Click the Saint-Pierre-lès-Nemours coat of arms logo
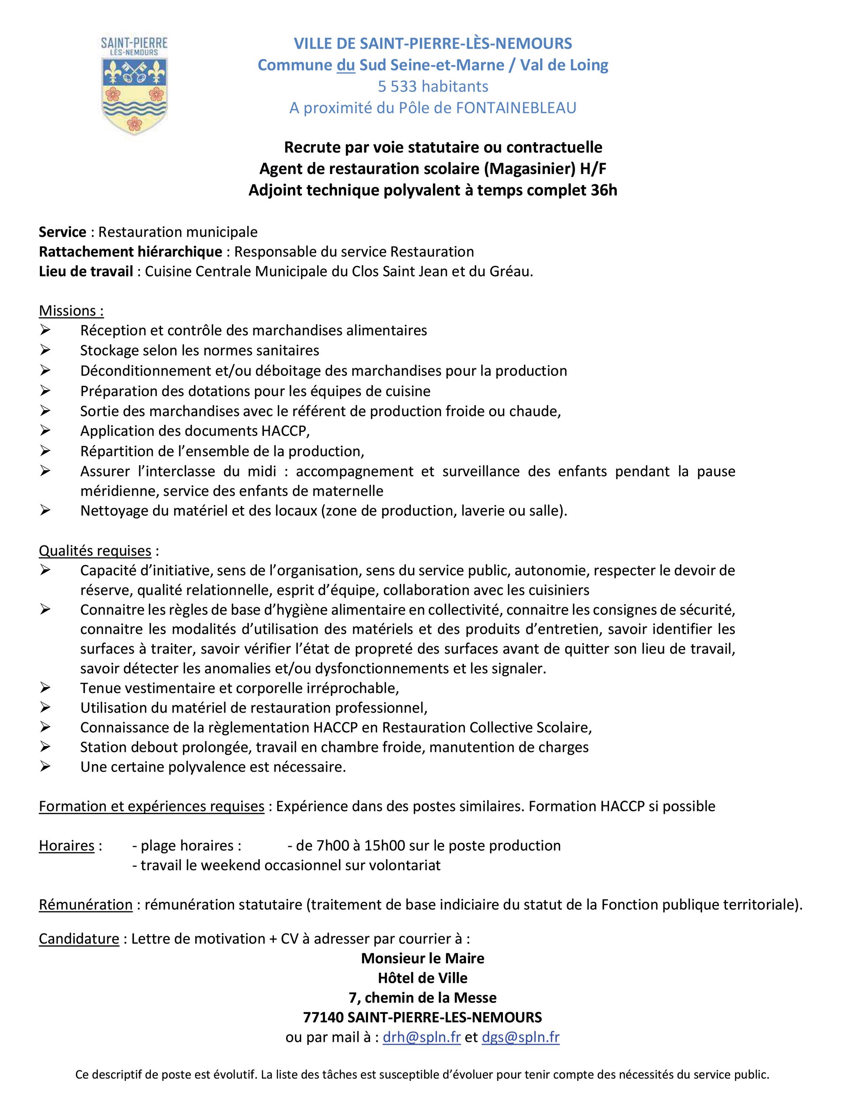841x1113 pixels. [134, 84]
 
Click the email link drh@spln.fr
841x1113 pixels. [421, 1037]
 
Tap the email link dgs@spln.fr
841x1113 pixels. [521, 1037]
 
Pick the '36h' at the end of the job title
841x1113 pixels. [604, 190]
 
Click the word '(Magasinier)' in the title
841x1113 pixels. [530, 169]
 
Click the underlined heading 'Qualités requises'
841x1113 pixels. [95, 551]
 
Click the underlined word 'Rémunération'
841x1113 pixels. [86, 905]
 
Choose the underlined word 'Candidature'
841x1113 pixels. [79, 939]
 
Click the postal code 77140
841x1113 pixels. [323, 1017]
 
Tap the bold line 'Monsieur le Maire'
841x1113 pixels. [423, 958]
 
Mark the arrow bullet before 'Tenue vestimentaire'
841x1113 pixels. [45, 688]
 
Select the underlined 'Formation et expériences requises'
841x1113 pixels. [152, 807]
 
